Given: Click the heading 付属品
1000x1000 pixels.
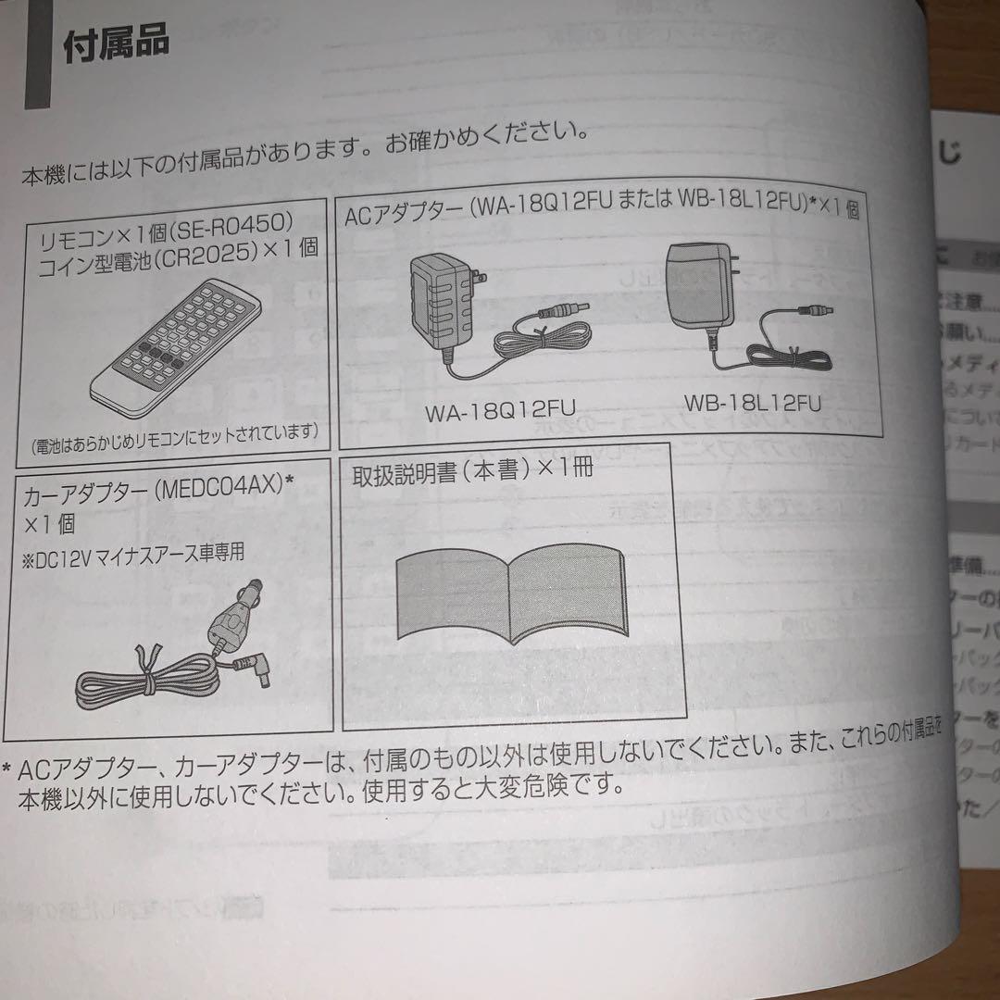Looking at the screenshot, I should (116, 45).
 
